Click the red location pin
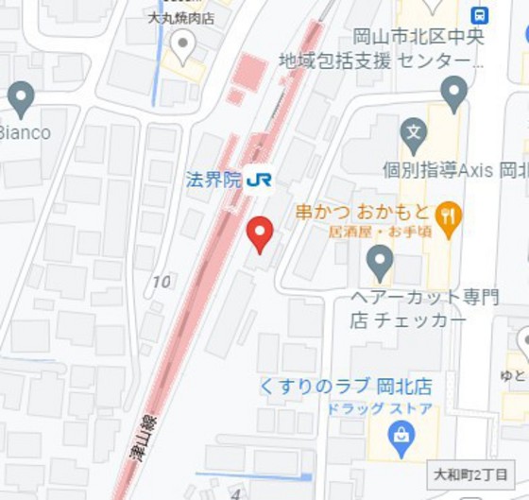[260, 233]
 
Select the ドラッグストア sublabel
[380, 408]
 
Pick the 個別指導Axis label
[453, 171]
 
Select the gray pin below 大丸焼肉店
[181, 45]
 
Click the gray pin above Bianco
[20, 97]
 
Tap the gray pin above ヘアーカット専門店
[380, 261]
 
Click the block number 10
[162, 282]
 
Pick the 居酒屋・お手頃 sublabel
[380, 231]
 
